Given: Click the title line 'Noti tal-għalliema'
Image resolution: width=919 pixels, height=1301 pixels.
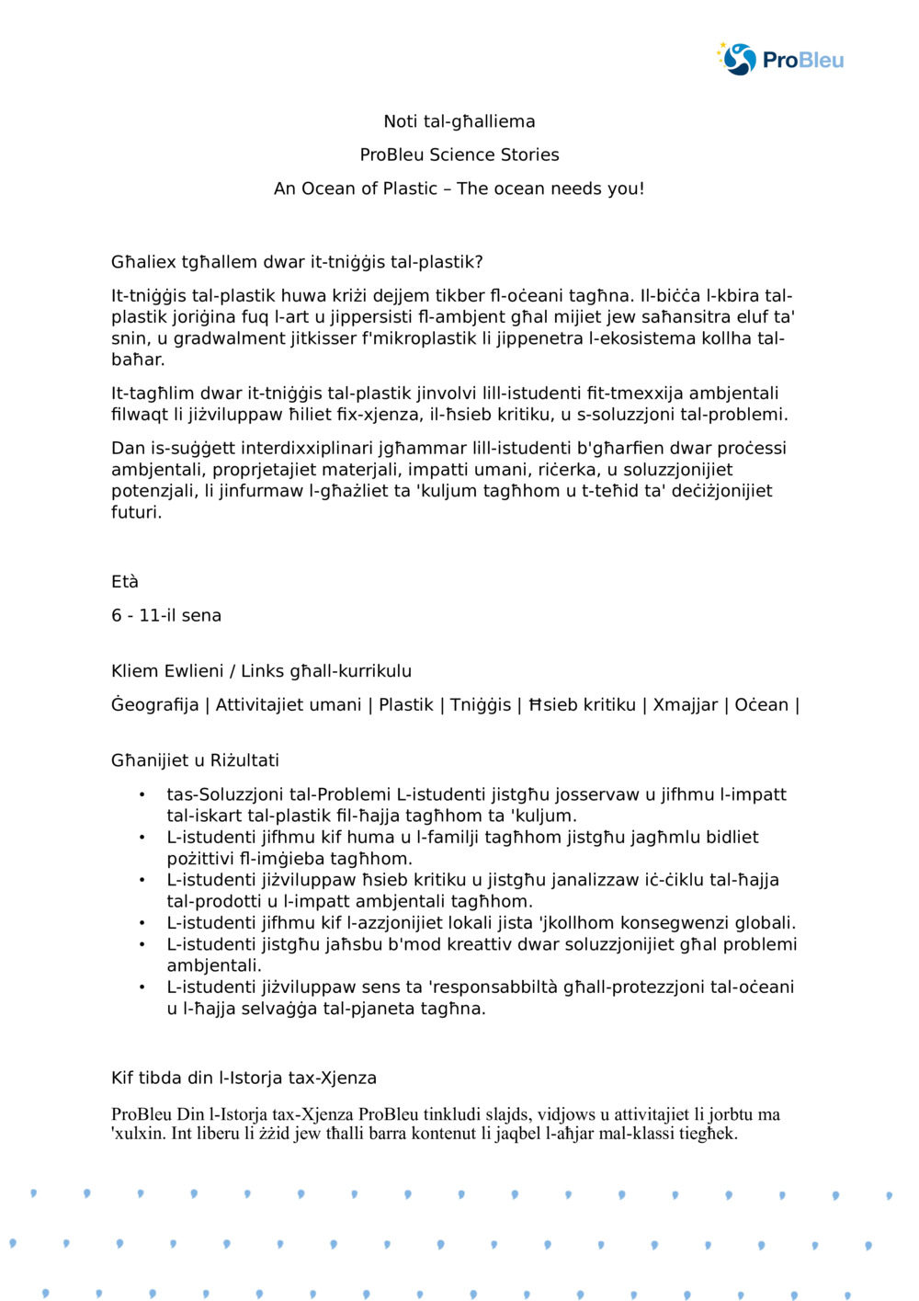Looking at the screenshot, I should (x=459, y=121).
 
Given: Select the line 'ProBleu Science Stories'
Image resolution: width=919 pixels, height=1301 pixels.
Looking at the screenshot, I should (x=459, y=154).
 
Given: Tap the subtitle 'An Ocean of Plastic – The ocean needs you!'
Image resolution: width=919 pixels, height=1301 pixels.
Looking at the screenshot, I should (x=459, y=188).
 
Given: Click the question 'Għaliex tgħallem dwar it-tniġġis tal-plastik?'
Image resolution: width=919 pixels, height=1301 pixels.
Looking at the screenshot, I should (x=297, y=262).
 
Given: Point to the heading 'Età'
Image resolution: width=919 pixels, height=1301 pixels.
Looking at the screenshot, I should (x=125, y=582).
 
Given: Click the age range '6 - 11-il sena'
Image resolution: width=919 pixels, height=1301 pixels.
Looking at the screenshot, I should (x=166, y=616).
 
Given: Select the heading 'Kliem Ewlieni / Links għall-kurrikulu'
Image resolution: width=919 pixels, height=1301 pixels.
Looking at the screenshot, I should (x=261, y=671).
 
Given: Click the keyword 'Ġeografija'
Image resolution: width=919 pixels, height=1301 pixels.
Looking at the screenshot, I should (x=154, y=705).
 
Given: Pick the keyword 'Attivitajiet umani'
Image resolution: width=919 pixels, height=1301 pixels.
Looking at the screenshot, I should (x=288, y=705).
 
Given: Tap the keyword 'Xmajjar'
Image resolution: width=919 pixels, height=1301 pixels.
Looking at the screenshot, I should (x=685, y=705).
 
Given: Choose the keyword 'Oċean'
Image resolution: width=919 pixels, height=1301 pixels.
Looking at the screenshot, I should (x=761, y=705).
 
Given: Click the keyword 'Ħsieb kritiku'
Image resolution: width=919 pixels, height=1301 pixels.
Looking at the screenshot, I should (x=582, y=705).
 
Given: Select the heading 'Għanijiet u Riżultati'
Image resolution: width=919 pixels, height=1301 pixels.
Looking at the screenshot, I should (x=195, y=760).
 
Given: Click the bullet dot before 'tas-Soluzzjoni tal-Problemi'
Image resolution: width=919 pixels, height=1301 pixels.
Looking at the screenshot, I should (x=142, y=794).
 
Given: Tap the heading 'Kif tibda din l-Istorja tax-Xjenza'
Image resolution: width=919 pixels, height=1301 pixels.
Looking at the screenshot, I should (x=244, y=1078).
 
